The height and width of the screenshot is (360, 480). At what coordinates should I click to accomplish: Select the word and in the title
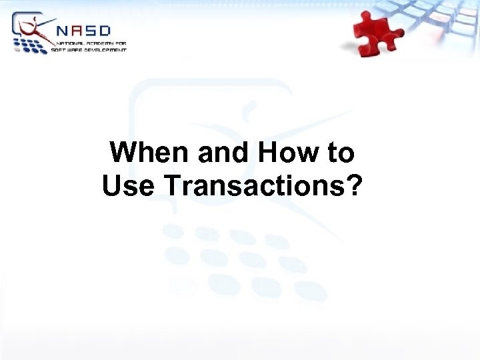[x=223, y=153]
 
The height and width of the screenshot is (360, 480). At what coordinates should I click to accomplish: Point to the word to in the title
[x=340, y=153]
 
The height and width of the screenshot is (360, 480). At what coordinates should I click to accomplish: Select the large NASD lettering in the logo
[x=83, y=31]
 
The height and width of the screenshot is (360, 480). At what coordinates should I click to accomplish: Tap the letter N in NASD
[x=61, y=31]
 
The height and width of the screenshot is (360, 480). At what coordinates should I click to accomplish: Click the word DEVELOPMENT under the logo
[x=106, y=49]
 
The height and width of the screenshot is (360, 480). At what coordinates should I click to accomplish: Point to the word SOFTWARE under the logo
[x=67, y=49]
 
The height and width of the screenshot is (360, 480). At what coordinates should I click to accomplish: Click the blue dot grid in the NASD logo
[x=31, y=45]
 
